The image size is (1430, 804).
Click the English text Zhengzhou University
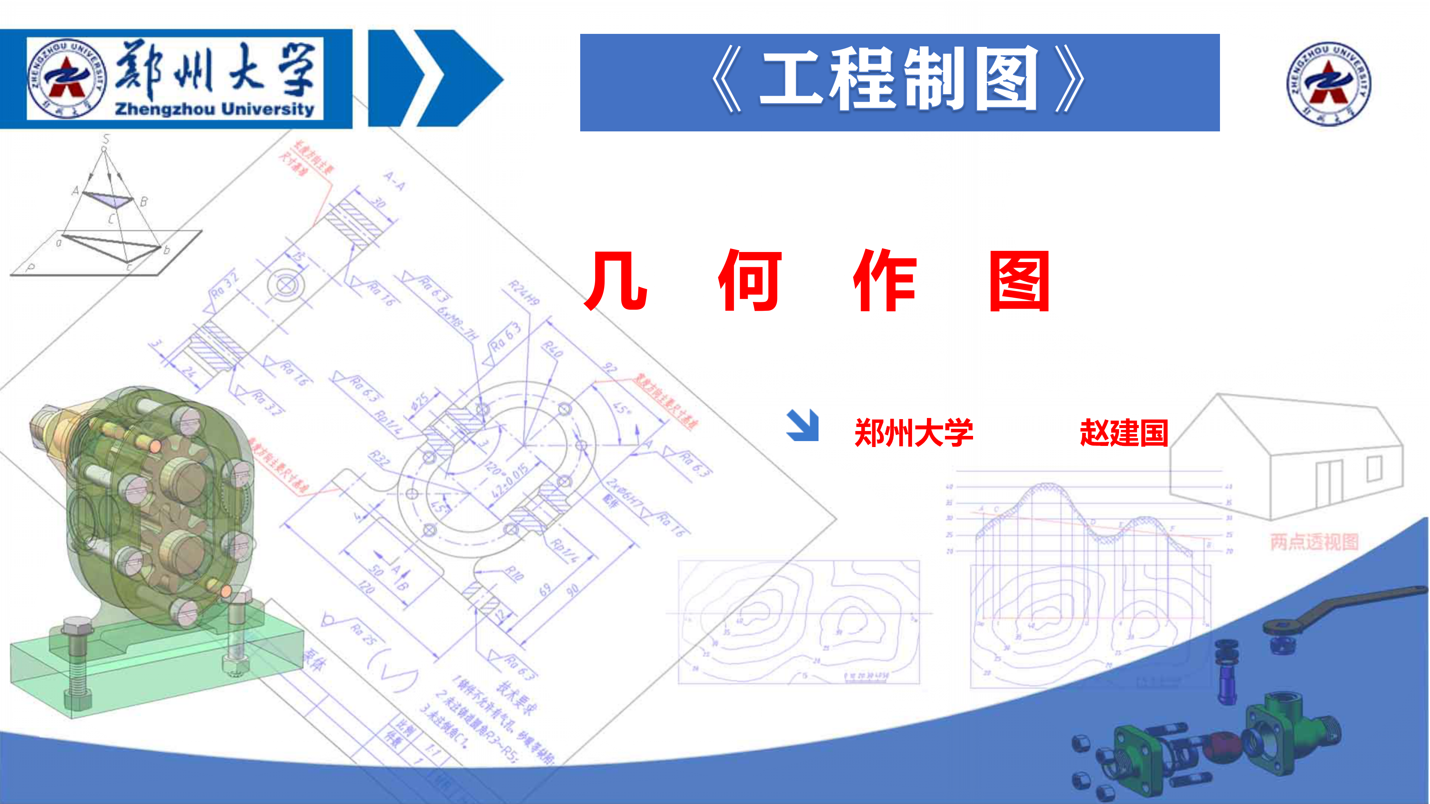[x=214, y=108]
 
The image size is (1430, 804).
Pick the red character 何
[x=750, y=280]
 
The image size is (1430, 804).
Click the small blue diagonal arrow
[x=803, y=425]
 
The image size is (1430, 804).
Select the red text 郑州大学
[x=914, y=433]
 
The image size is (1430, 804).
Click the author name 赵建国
[x=1124, y=433]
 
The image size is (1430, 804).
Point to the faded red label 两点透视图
[x=1314, y=541]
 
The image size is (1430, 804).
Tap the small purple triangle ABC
[x=109, y=199]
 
